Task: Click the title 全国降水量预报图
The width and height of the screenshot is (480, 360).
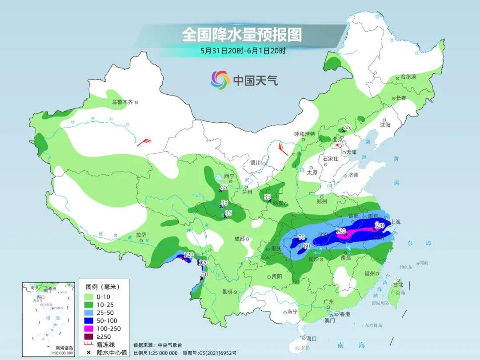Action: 242,35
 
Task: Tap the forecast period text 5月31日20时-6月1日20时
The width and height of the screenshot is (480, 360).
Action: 243,51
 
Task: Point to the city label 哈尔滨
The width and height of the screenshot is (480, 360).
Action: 408,77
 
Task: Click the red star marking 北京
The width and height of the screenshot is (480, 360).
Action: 338,145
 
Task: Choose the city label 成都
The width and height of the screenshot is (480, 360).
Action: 240,239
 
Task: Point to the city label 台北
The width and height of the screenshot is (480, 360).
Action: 398,284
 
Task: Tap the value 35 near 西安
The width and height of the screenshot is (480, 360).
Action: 268,196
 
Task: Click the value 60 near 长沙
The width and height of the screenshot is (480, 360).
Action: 306,246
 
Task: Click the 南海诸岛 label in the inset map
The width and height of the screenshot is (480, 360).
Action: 64,348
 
